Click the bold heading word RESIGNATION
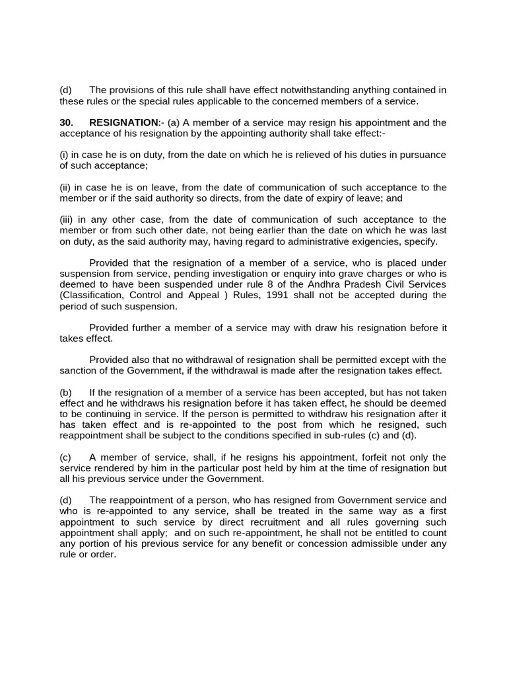click(x=123, y=122)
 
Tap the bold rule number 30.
click(x=66, y=122)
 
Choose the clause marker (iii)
click(x=67, y=219)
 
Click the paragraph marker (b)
click(x=65, y=393)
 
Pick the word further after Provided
click(x=151, y=328)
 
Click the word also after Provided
click(x=145, y=360)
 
